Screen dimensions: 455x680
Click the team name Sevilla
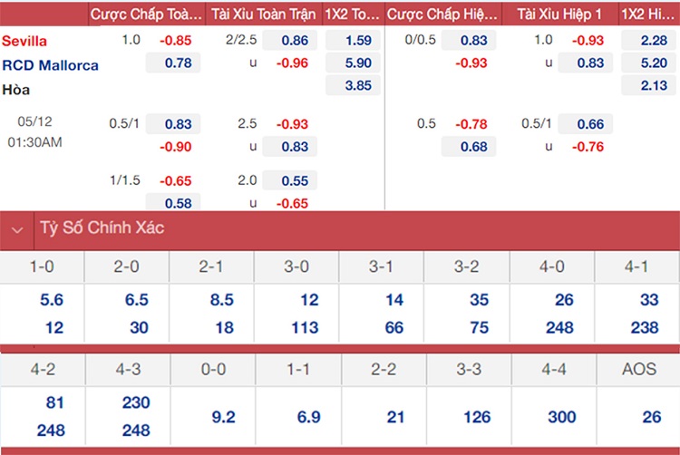(24, 41)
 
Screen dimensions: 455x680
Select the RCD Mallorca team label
(50, 65)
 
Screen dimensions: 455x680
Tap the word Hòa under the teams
(15, 90)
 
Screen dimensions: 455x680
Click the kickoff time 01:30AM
(34, 142)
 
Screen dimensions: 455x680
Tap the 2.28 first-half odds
(649, 40)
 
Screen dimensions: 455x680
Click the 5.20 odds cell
(649, 63)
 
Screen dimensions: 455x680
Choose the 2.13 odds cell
(649, 86)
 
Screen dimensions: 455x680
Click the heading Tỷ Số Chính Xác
(101, 228)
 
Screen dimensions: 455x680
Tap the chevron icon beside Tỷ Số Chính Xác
(16, 230)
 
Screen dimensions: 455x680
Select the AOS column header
(637, 370)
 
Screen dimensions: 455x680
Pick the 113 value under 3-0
(296, 327)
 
